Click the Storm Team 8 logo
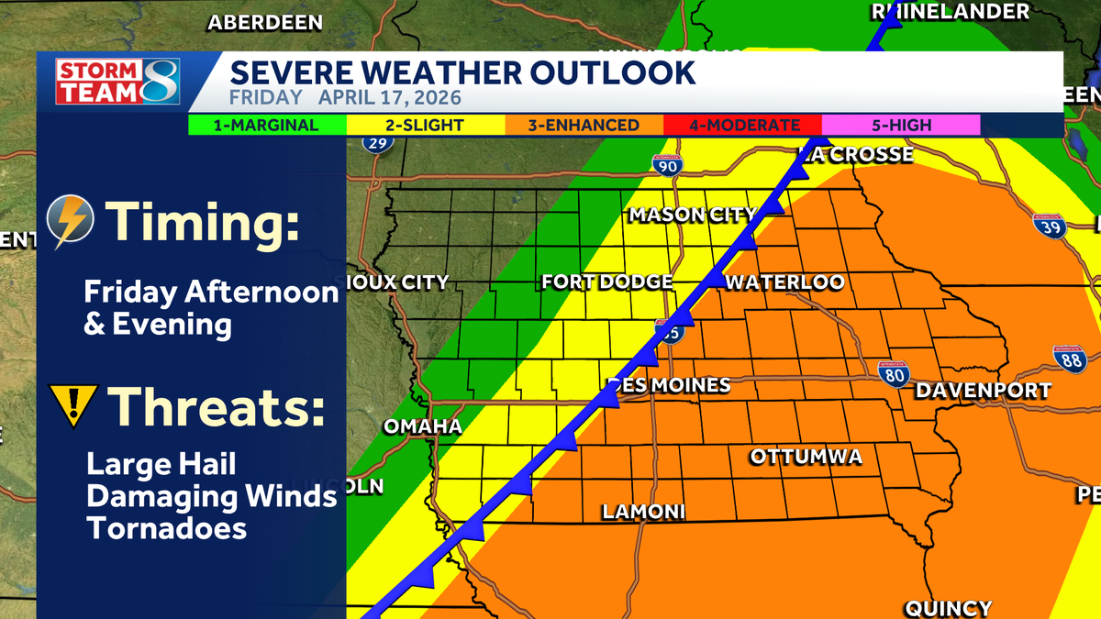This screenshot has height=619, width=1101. coord(117,82)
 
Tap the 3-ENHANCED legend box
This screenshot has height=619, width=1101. coord(584,126)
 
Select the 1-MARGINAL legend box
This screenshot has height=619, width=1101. coord(267,126)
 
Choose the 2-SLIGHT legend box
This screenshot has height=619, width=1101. coord(425,126)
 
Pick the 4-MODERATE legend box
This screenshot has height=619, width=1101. coord(741,126)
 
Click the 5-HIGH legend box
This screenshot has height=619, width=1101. coord(900,126)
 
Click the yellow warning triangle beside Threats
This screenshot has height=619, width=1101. coord(72,406)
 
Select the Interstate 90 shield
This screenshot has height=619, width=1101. coord(667,164)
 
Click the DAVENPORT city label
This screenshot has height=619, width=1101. coord(983,392)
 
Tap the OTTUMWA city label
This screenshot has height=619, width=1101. coord(806,457)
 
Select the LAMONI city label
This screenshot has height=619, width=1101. coord(643,513)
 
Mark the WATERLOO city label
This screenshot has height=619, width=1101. coord(784,282)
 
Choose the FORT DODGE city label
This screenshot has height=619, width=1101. coord(607,282)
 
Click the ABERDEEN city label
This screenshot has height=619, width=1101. coord(265,23)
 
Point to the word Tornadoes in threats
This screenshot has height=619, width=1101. coord(166,528)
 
